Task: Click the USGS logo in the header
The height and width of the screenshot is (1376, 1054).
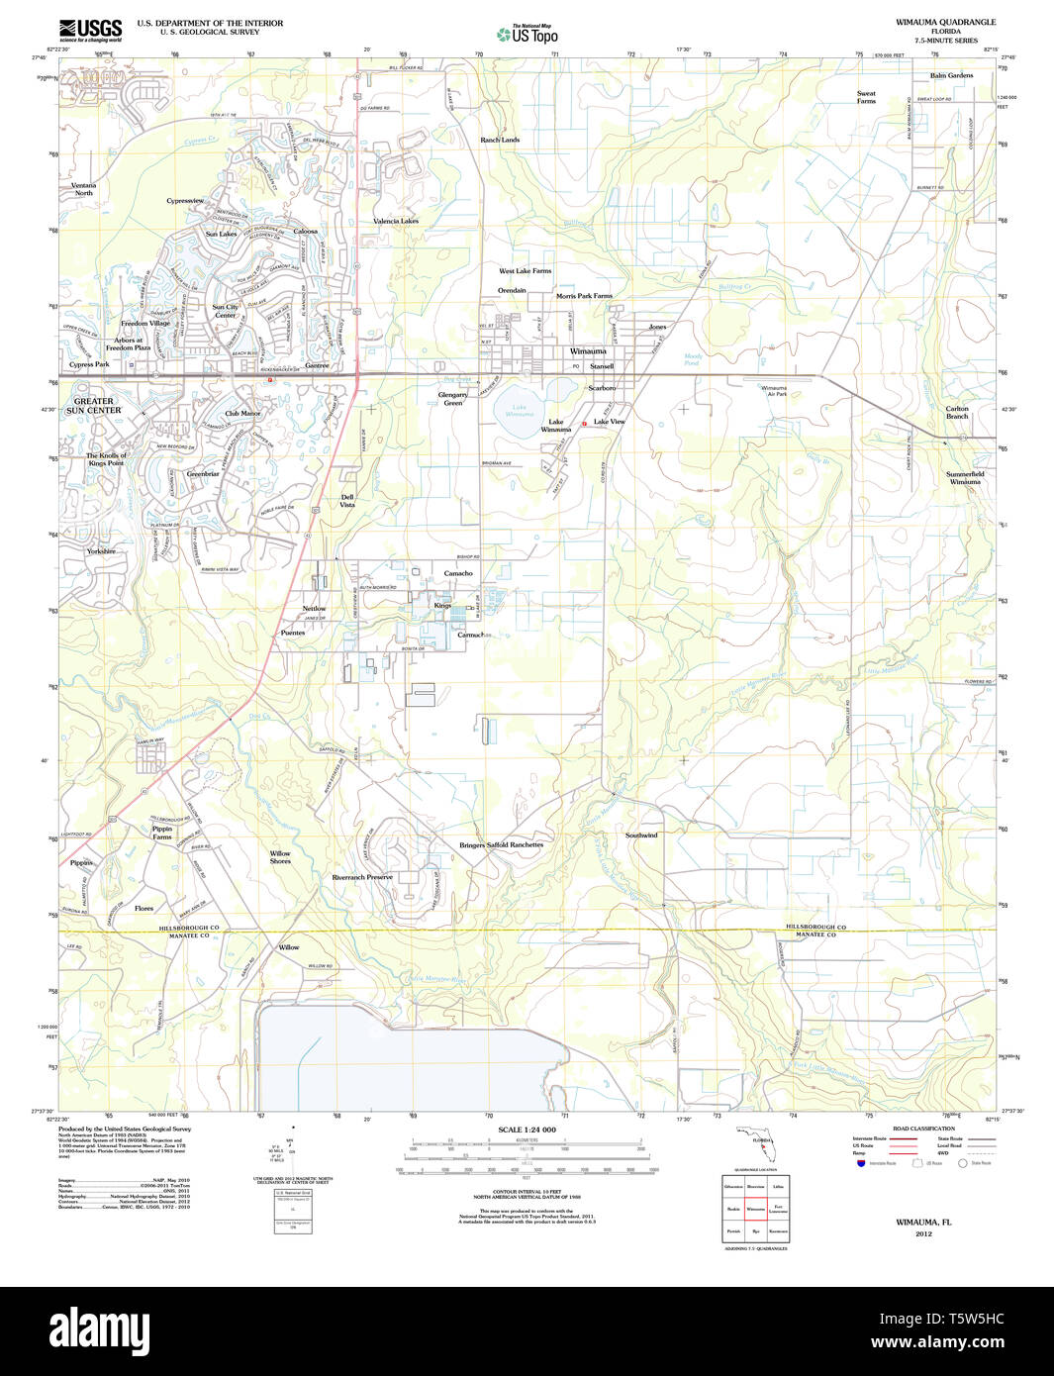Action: click(x=90, y=29)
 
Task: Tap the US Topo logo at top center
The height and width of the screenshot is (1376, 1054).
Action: click(x=527, y=34)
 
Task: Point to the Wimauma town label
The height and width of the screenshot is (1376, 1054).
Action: click(x=588, y=351)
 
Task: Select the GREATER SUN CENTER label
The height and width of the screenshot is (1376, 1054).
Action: click(x=94, y=406)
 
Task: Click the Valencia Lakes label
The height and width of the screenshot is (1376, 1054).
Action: click(x=395, y=221)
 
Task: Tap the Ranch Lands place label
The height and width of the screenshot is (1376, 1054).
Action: click(x=500, y=140)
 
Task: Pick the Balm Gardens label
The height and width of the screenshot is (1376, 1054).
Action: click(x=951, y=75)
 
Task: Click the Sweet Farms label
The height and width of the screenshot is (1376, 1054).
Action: click(x=866, y=97)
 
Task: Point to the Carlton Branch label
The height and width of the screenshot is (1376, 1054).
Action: click(x=957, y=412)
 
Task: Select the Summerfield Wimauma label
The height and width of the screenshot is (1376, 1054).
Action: click(x=965, y=477)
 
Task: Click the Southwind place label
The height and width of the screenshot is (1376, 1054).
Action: click(x=641, y=835)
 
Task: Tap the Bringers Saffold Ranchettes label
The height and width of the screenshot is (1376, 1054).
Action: click(x=501, y=844)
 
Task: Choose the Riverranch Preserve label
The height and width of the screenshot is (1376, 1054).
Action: click(x=362, y=877)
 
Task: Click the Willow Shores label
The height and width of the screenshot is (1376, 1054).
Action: click(x=280, y=857)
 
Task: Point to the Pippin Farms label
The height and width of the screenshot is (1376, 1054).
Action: click(x=162, y=833)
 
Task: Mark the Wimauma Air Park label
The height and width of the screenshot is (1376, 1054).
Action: click(x=774, y=391)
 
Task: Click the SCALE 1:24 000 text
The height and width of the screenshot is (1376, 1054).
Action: click(x=527, y=1130)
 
